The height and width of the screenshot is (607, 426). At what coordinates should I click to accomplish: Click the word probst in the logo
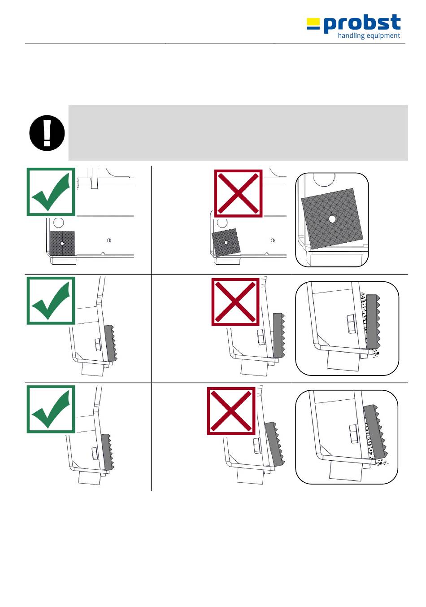(x=362, y=24)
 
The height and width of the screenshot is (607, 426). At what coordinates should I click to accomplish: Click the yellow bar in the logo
(x=313, y=21)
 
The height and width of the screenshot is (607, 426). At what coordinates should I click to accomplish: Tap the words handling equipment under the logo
(x=369, y=35)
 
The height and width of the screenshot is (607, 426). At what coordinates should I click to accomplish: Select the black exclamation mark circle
(x=47, y=133)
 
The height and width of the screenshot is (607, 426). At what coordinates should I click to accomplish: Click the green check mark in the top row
(x=51, y=192)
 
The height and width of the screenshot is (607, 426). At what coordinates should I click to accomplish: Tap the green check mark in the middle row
(x=51, y=301)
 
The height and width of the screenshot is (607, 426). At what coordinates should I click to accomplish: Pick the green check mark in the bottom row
(x=51, y=409)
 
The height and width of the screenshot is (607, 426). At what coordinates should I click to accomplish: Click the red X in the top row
(x=238, y=193)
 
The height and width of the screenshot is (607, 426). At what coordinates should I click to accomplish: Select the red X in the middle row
(x=235, y=301)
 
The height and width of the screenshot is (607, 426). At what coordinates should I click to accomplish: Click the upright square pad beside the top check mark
(x=62, y=243)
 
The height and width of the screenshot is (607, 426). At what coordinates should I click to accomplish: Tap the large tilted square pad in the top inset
(x=332, y=218)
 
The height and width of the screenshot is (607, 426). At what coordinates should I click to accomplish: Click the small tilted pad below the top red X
(x=226, y=242)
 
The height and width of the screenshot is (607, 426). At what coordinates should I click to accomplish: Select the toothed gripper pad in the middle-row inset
(x=373, y=322)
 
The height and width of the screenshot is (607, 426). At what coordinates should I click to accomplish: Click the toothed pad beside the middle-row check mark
(x=111, y=344)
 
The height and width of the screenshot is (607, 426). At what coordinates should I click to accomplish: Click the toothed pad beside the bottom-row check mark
(x=108, y=452)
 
